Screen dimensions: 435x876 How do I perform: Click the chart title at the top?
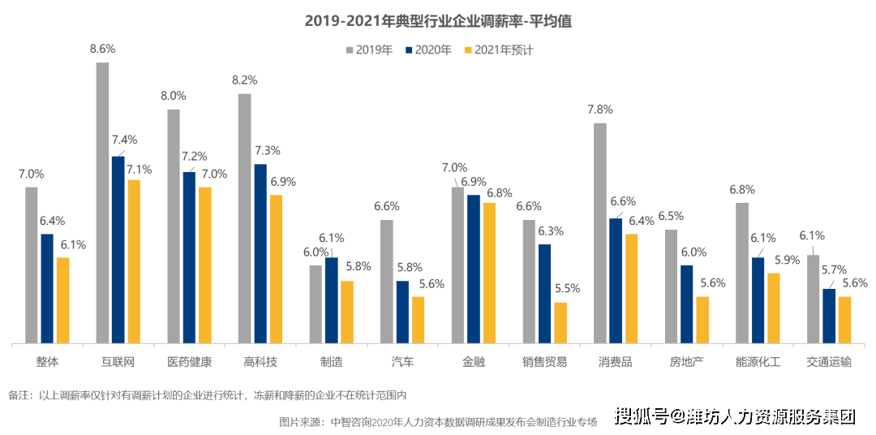click(x=438, y=21)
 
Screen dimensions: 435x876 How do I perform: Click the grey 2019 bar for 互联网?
click(x=102, y=203)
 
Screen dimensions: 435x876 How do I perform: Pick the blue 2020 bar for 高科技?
click(x=260, y=253)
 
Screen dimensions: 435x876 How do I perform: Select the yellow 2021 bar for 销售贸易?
click(x=560, y=322)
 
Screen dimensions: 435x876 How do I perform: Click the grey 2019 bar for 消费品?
click(x=600, y=233)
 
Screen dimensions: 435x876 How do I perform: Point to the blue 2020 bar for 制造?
click(x=331, y=300)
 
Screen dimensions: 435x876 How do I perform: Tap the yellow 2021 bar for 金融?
click(x=489, y=273)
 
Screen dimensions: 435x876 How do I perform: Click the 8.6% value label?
click(x=102, y=49)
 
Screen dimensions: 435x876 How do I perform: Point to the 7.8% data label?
click(x=600, y=110)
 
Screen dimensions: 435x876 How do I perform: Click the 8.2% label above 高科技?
click(x=244, y=80)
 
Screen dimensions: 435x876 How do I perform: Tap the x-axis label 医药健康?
click(x=189, y=362)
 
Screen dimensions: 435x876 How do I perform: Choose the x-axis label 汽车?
click(x=402, y=362)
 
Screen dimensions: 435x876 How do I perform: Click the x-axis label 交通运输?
click(x=829, y=362)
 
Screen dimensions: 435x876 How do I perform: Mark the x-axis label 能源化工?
click(x=758, y=362)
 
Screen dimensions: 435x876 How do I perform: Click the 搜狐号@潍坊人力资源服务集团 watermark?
click(x=733, y=416)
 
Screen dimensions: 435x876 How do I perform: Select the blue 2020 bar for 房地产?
click(x=686, y=304)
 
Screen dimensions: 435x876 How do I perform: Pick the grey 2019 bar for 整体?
click(x=31, y=265)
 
